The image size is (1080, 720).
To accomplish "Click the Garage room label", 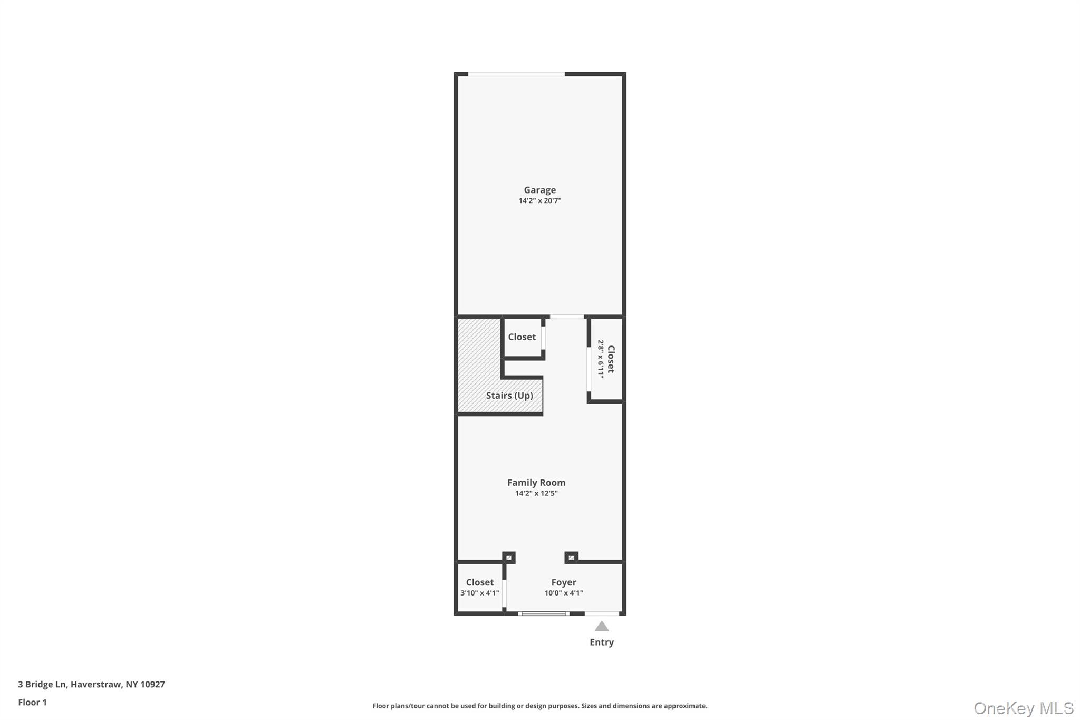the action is tap(539, 190).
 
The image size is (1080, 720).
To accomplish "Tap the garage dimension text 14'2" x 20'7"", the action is tap(539, 200).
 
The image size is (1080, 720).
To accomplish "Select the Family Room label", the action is tap(536, 482).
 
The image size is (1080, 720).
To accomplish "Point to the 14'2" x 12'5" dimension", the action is tap(536, 493).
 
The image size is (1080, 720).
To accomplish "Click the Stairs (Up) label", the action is tap(509, 396).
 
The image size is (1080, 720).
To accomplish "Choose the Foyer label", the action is tap(564, 582).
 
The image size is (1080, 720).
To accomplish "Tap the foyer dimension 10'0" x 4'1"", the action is tap(564, 593).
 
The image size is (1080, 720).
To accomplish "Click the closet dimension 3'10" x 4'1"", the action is tap(480, 593).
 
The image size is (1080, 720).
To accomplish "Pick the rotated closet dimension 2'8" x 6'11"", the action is tap(601, 359).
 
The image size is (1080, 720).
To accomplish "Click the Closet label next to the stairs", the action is tap(522, 337).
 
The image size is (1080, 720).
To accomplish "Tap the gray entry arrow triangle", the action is tap(602, 626).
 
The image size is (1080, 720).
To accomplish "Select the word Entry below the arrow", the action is tap(602, 642).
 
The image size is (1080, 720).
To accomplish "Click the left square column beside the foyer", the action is tap(509, 558).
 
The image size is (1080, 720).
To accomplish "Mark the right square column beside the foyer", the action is tap(571, 558).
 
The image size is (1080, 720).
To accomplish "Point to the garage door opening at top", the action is tap(516, 74).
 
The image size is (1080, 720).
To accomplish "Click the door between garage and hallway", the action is tap(567, 316).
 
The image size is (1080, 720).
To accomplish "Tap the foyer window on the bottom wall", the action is tap(544, 613).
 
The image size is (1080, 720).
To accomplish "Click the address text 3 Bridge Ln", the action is tap(42, 684).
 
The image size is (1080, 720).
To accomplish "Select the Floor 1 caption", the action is tap(32, 702).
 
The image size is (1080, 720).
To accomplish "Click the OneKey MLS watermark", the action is tap(1024, 708).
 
